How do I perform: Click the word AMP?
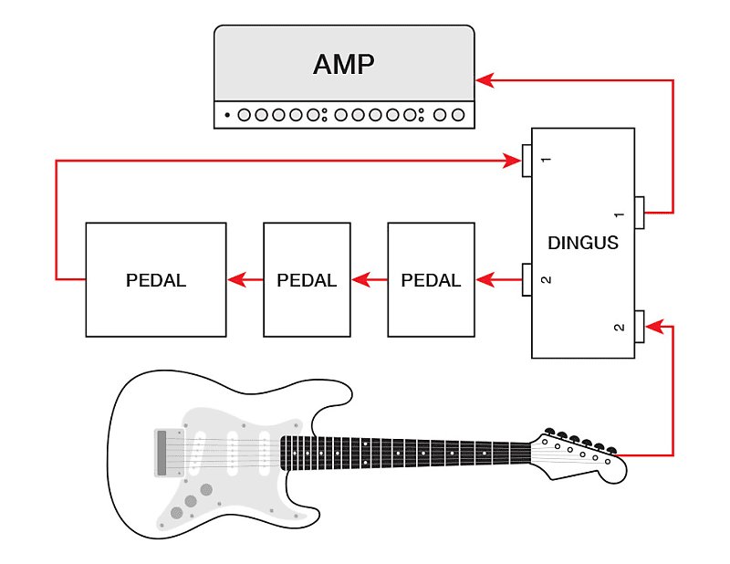[344, 64]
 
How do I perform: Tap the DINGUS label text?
[583, 243]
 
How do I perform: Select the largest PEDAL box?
[156, 279]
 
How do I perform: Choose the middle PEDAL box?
[308, 279]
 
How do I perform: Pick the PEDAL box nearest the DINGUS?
[432, 279]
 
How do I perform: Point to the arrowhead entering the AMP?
[485, 81]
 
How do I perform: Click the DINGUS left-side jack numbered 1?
[527, 162]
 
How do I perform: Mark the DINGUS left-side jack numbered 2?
[527, 279]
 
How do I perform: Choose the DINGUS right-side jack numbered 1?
[640, 214]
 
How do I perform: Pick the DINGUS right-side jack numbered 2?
[640, 326]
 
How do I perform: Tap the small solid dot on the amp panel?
[227, 116]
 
